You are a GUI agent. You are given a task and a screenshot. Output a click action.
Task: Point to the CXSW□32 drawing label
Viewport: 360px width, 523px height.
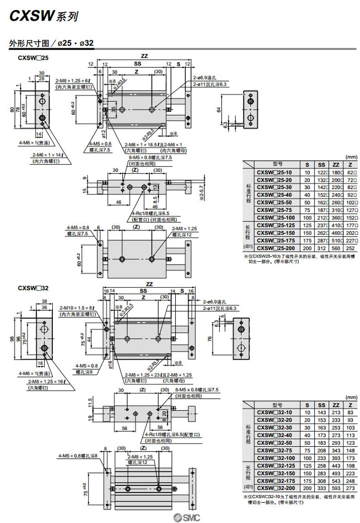click(32, 288)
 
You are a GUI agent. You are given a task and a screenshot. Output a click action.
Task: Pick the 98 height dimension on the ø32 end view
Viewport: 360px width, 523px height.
click(12, 339)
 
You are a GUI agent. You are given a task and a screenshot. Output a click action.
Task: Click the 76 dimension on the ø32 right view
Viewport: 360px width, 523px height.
click(210, 339)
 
